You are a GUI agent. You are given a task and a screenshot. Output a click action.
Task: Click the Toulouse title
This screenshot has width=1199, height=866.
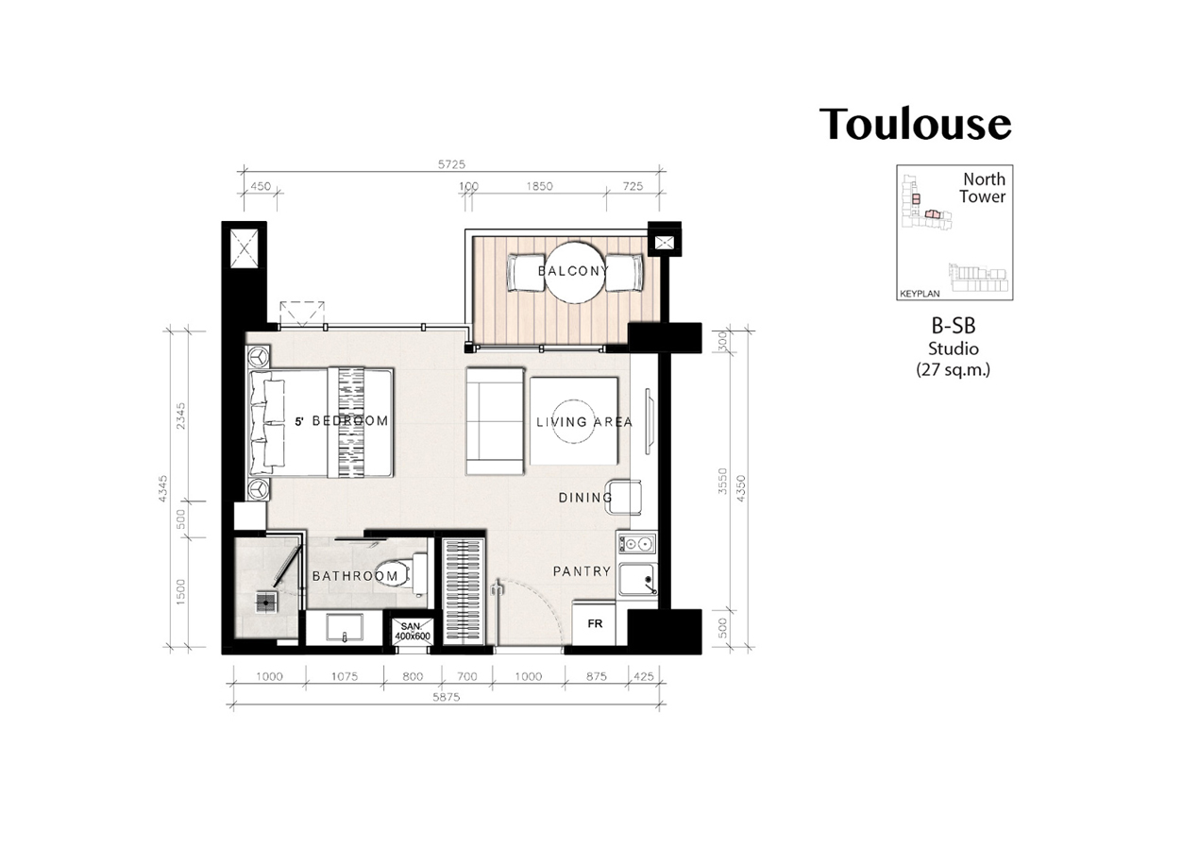point(916,124)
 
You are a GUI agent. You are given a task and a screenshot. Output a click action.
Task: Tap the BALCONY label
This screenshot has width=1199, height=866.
point(573,271)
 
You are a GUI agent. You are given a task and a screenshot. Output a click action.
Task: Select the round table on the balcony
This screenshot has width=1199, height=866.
point(574,273)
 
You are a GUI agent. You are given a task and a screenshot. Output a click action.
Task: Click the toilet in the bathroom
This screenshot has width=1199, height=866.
point(400,574)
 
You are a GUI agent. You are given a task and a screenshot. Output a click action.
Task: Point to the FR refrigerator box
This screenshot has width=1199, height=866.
point(594,623)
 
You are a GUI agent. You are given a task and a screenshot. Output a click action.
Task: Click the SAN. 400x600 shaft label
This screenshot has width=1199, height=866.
point(413,632)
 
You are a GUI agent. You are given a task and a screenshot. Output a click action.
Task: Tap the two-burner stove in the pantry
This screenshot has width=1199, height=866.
point(636,544)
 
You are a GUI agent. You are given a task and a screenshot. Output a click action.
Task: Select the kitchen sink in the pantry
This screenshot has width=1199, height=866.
point(637,580)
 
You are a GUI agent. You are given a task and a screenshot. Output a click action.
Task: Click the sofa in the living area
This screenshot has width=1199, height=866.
point(495,421)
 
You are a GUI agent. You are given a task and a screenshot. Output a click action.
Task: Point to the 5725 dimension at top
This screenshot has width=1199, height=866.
point(452,164)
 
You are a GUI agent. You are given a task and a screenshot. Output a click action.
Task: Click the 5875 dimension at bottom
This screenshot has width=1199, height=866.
point(447,697)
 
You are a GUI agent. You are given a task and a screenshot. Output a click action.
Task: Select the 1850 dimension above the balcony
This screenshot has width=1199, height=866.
point(539,186)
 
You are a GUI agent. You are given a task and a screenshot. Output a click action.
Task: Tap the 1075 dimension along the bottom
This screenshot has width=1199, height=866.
point(345,676)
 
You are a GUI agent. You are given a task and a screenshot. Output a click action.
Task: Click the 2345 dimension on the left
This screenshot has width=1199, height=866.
point(181,416)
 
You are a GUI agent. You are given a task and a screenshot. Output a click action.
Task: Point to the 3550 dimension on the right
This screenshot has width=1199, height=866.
point(722,481)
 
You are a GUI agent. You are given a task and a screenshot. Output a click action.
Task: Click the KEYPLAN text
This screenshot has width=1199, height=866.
point(920,294)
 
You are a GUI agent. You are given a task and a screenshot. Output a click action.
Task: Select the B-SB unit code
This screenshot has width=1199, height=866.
point(954,326)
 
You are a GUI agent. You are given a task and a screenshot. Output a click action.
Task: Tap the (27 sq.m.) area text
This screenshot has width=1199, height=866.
point(954,369)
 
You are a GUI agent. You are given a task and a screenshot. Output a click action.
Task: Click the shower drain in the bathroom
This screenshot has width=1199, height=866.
point(265,603)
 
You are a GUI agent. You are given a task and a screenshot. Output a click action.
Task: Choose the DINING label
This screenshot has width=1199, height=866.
point(585,498)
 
